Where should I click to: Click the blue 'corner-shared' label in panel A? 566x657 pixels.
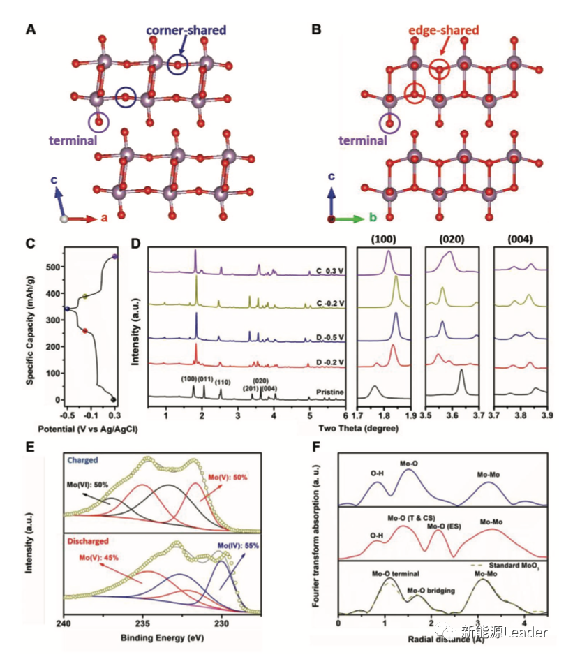(186, 30)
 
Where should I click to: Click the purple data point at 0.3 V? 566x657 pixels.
(114, 257)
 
